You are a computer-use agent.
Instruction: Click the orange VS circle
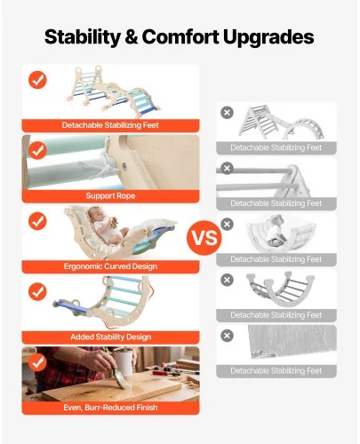pos(204,237)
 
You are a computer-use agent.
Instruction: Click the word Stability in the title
pos(83,37)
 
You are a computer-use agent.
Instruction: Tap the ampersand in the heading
pos(132,37)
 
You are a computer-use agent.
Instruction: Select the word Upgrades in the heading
pos(268,38)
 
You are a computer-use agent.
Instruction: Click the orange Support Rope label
pos(110,196)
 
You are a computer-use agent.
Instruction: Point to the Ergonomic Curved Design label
pos(110,266)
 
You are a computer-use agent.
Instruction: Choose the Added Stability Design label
pos(110,337)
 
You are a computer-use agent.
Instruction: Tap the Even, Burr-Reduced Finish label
pos(110,408)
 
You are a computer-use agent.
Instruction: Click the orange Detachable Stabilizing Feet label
pos(110,125)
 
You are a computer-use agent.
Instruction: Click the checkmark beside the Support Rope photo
pos(37,150)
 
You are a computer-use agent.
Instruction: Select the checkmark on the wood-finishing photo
pos(37,362)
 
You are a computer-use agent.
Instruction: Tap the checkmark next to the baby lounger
pos(37,221)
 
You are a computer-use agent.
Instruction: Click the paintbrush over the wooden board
pos(117,374)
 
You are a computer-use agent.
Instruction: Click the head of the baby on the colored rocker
pos(93,214)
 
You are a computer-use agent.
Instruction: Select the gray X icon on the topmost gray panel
pos(227,113)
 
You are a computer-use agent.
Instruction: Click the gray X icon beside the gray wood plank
pos(227,336)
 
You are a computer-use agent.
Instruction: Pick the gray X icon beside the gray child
pos(227,224)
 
